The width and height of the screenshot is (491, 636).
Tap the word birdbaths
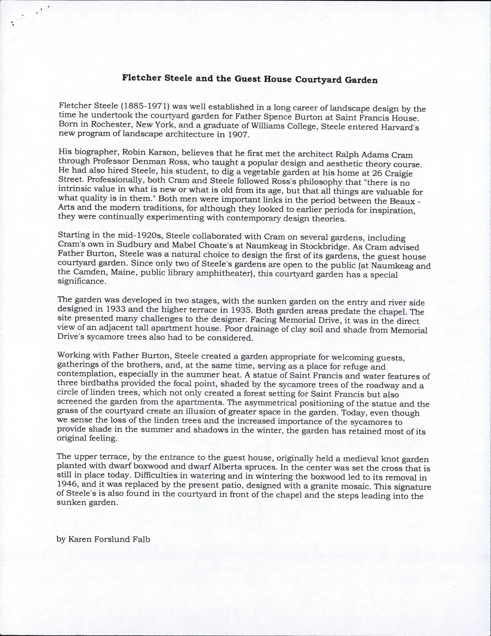(x=94, y=385)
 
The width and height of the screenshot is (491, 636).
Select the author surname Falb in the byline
(x=140, y=539)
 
